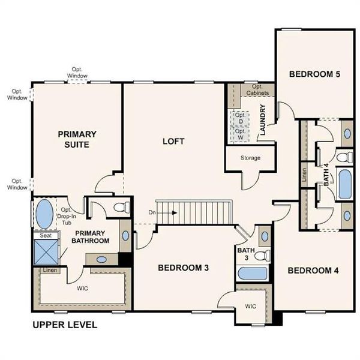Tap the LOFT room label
point(173,142)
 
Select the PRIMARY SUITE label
point(77,139)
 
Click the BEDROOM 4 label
point(313,271)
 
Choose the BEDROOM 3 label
point(183,268)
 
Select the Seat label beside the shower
point(45,236)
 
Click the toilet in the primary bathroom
point(120,208)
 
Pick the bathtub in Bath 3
point(252,273)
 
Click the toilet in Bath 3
point(260,256)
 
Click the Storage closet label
point(250,158)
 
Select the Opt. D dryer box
point(240,118)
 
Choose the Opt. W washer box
point(240,134)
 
